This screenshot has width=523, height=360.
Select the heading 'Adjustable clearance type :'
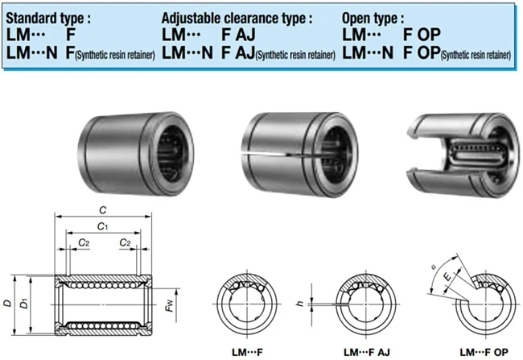click(237, 16)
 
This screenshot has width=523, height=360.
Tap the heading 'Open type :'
click(374, 16)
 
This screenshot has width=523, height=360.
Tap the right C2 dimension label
click(126, 242)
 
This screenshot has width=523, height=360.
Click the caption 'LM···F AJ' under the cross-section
click(368, 351)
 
